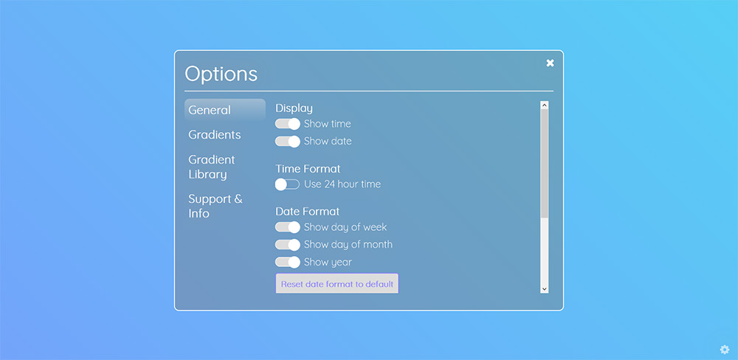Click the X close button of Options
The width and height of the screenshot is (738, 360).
coord(550,63)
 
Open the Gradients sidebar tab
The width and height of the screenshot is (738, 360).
coord(215,134)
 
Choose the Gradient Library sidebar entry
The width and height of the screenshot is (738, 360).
coord(212,167)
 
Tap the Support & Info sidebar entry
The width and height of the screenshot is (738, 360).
coord(215,206)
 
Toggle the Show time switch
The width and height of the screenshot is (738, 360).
coord(288,124)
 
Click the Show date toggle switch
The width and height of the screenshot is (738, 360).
coord(288,141)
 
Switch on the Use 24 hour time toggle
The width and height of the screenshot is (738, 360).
coord(288,184)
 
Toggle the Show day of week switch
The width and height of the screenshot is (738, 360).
coord(288,227)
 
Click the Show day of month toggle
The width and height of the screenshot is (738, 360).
coord(288,245)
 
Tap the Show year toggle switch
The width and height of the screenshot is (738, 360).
coord(288,262)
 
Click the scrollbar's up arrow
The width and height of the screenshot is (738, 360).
coord(545,105)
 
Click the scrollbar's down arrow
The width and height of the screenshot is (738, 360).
coord(545,289)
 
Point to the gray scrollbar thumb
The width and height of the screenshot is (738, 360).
coord(545,163)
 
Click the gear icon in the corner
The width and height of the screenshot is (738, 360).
coord(725,350)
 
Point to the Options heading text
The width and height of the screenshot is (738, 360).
coord(221,75)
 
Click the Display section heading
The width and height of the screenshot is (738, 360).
coord(294,108)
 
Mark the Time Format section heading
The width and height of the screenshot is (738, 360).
coord(308,168)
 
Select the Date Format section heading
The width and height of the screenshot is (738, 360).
coord(307,212)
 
